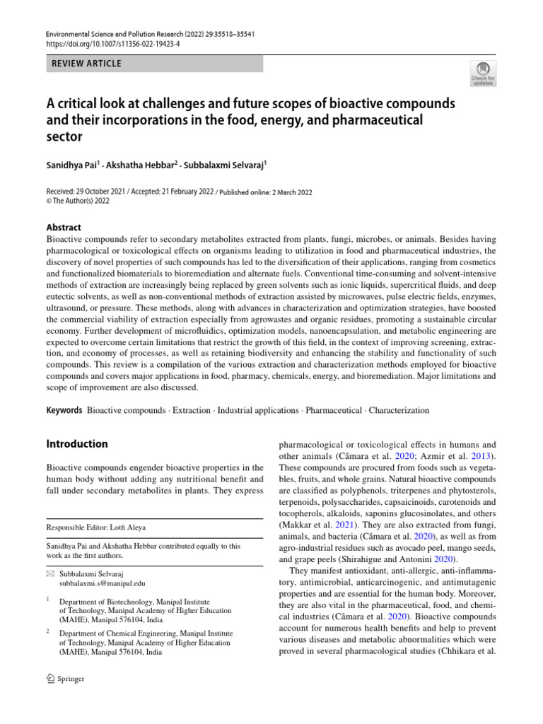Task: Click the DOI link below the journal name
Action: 102,42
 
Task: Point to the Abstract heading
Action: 64,227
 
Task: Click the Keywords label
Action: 64,410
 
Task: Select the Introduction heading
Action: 77,444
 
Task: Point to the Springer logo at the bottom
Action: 65,679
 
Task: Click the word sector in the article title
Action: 64,136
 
